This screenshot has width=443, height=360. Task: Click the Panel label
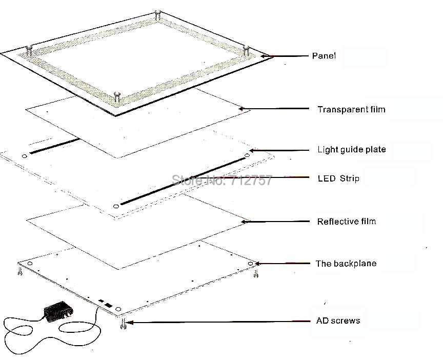click(x=324, y=55)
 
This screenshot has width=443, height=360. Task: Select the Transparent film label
click(x=351, y=109)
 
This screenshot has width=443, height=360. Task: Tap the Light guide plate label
click(x=351, y=150)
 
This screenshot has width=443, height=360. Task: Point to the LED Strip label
click(x=338, y=178)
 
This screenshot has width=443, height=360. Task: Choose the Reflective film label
click(x=346, y=222)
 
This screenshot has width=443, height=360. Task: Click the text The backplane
click(x=346, y=264)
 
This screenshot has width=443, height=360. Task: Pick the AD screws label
click(x=338, y=321)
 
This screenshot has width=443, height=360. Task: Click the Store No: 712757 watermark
click(x=221, y=179)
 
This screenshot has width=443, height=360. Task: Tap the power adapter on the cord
click(x=57, y=311)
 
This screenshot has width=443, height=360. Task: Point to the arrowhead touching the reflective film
click(x=246, y=222)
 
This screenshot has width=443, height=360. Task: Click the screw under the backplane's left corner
click(x=20, y=272)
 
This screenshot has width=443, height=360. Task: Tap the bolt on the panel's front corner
click(x=116, y=95)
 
